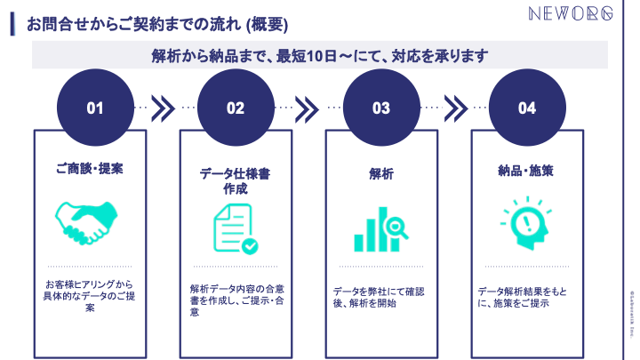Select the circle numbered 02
click(x=236, y=108)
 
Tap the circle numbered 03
click(x=381, y=108)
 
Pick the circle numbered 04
click(x=527, y=108)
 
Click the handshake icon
click(x=87, y=219)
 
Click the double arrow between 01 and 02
click(x=164, y=108)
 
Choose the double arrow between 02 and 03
click(x=307, y=108)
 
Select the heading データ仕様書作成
click(x=235, y=180)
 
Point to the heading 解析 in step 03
click(x=380, y=173)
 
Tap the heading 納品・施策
click(x=526, y=169)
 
